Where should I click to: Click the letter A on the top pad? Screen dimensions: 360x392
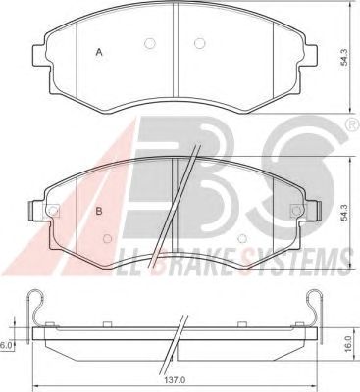pyautogui.click(x=99, y=52)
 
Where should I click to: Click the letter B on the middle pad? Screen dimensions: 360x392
pyautogui.click(x=99, y=211)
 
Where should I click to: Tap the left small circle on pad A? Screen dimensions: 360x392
pyautogui.click(x=149, y=43)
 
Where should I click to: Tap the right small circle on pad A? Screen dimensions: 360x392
pyautogui.click(x=199, y=43)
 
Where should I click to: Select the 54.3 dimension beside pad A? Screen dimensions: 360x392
pyautogui.click(x=344, y=58)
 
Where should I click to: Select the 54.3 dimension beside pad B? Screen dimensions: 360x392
pyautogui.click(x=344, y=213)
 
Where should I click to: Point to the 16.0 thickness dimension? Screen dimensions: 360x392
pyautogui.click(x=348, y=344)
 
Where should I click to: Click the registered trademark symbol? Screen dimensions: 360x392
pyautogui.click(x=352, y=124)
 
